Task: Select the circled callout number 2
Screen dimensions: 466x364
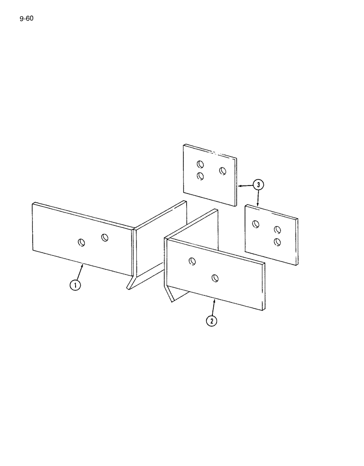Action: point(212,321)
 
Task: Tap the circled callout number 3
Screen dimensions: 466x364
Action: point(258,185)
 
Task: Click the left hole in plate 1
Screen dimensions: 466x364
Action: point(82,242)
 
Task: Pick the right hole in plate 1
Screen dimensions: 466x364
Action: point(105,238)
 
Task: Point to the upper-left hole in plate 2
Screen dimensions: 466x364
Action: point(192,261)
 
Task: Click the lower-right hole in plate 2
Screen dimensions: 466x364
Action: point(215,278)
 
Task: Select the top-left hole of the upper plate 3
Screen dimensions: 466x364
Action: point(200,164)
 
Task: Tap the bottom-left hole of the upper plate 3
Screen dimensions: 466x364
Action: point(200,176)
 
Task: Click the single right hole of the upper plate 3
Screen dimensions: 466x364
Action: point(223,171)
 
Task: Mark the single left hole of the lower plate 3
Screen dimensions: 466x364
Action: point(255,224)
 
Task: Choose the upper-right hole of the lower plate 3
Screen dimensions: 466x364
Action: point(277,230)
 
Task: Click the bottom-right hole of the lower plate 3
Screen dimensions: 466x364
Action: point(277,241)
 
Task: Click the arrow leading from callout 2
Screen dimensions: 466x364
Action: point(214,307)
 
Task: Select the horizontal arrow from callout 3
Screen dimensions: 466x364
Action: point(245,185)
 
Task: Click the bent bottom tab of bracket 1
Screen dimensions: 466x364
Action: point(132,284)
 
